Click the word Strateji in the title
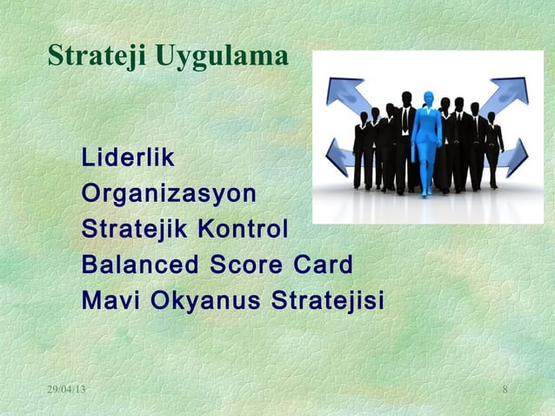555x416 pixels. click(x=97, y=57)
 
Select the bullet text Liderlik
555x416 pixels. click(x=127, y=159)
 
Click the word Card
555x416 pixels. click(x=322, y=265)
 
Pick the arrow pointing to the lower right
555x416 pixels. click(x=515, y=157)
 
